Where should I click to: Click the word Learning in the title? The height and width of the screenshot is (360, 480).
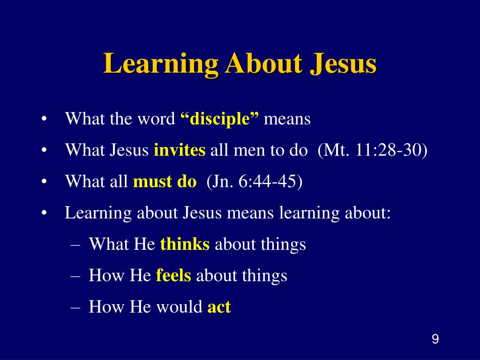point(160,64)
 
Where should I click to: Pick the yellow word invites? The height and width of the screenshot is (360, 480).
point(180,150)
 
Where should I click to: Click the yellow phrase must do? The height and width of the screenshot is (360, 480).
point(165,181)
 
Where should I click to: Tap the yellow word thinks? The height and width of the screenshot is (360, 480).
point(185,244)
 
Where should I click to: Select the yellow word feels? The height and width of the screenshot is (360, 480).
point(173,276)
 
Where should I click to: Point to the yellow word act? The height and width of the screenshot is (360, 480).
point(219,307)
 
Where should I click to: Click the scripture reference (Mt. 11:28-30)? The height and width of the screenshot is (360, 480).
point(373,150)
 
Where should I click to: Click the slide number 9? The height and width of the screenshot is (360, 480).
point(435,339)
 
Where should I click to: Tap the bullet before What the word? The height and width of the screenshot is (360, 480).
point(44,120)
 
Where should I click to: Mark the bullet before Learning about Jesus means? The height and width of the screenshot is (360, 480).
point(44,213)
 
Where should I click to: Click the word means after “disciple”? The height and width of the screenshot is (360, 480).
point(287,119)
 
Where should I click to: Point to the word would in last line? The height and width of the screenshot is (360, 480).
point(180,307)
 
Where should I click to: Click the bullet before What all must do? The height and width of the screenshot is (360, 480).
point(44,182)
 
